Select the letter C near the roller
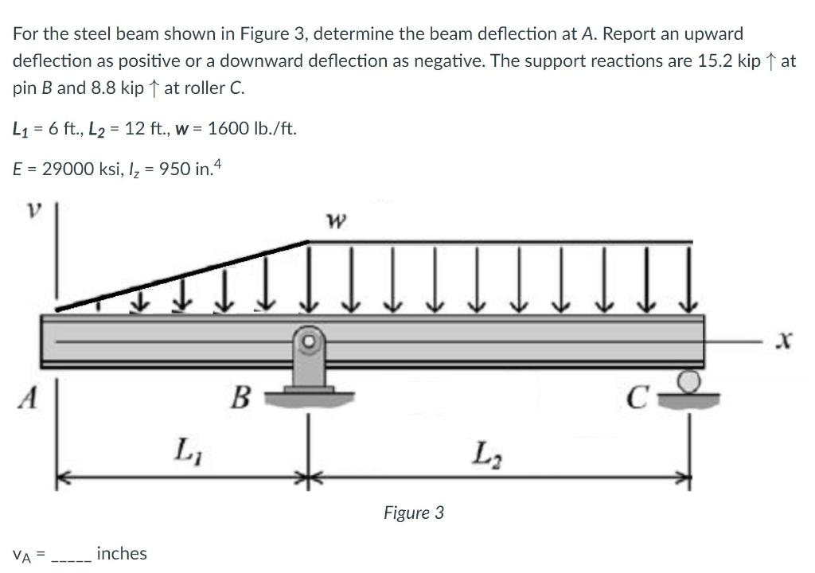point(634,396)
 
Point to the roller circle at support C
point(690,382)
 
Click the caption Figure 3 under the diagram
point(413,513)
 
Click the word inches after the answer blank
point(121,553)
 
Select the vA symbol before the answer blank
point(22,555)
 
